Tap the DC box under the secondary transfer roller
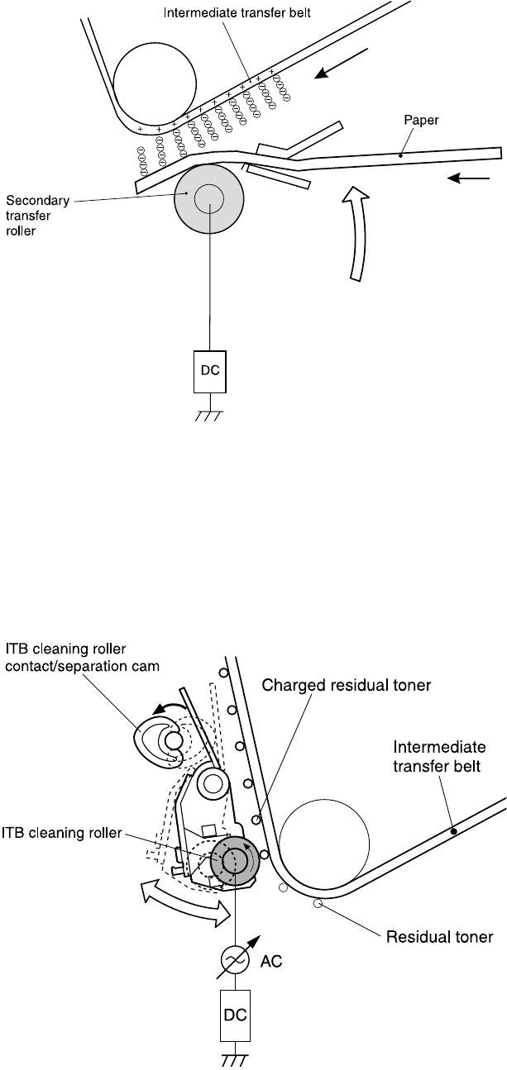coord(209,368)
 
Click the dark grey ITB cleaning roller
coord(236,861)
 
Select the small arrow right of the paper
coord(462,178)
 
